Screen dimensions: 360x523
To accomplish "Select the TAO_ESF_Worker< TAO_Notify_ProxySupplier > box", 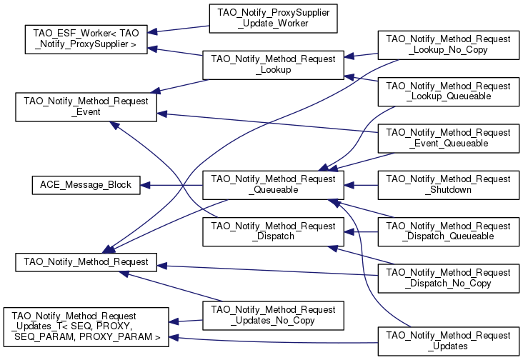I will click(x=86, y=39).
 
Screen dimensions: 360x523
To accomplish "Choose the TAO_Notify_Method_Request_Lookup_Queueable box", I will click(x=448, y=91).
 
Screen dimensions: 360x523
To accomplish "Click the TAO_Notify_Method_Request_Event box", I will click(x=86, y=106).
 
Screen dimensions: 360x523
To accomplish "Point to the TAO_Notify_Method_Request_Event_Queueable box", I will click(x=448, y=138).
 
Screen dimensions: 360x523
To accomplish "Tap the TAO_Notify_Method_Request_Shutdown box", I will click(x=448, y=185).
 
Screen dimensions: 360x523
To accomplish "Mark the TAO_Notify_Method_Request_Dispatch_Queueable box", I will click(x=448, y=231).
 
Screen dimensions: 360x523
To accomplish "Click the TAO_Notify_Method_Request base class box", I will click(x=86, y=262).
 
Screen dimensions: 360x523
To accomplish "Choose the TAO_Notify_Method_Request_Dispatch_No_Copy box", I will click(x=448, y=278).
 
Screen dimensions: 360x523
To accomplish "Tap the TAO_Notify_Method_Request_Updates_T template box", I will click(x=86, y=327).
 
